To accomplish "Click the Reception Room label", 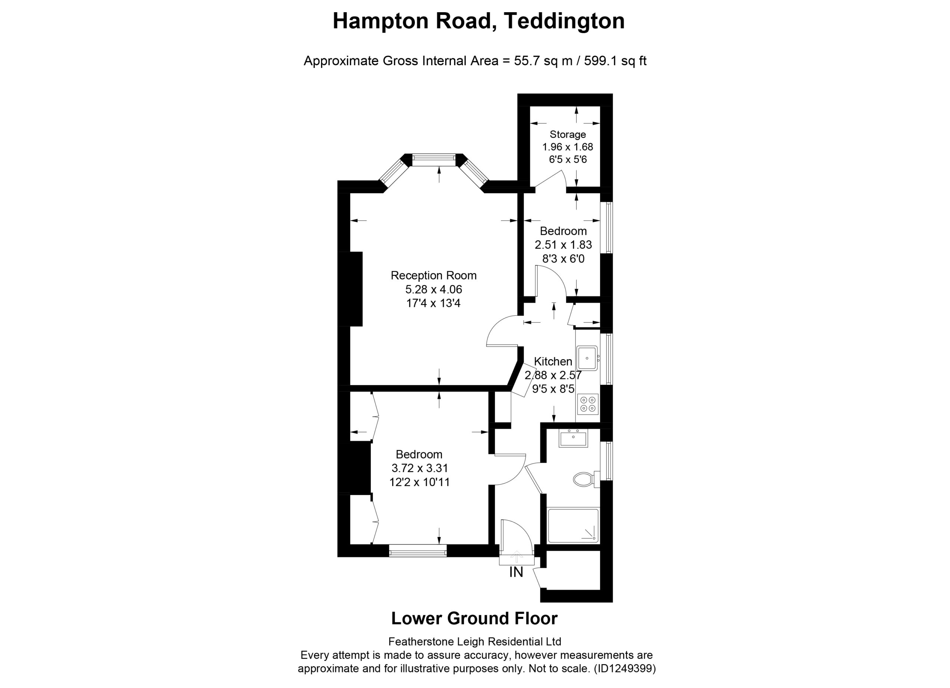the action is (433, 276).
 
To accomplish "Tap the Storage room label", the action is (567, 134).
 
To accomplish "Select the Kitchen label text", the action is (553, 361).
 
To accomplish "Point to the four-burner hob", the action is (587, 404).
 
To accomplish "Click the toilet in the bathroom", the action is (586, 479).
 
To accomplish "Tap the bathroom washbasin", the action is (573, 438).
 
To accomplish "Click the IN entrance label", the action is (516, 572).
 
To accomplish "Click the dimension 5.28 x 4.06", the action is (433, 289).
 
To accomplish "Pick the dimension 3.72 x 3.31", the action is (419, 468).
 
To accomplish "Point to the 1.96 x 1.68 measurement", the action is (567, 147).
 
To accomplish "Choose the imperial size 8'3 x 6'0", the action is (563, 259).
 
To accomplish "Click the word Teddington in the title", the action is (564, 21).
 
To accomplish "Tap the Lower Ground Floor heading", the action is (474, 618).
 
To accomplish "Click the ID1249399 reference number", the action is (625, 669).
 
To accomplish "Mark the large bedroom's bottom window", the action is (417, 551).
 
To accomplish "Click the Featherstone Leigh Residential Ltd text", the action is (475, 642).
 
